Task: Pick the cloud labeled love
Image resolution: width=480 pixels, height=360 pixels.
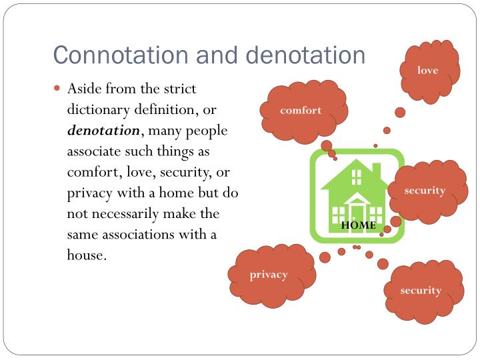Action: click(x=427, y=69)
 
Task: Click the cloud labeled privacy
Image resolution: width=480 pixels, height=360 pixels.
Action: click(x=269, y=275)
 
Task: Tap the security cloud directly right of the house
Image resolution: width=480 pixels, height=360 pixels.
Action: click(x=425, y=190)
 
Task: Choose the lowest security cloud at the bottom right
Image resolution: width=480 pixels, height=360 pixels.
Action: click(x=421, y=290)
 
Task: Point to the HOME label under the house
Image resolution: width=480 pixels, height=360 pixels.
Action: click(x=359, y=225)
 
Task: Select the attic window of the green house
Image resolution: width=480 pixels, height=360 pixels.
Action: click(x=357, y=177)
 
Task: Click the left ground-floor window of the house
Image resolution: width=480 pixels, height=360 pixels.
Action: click(x=339, y=214)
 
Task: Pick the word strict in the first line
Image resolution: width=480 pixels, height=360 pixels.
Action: click(x=181, y=89)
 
